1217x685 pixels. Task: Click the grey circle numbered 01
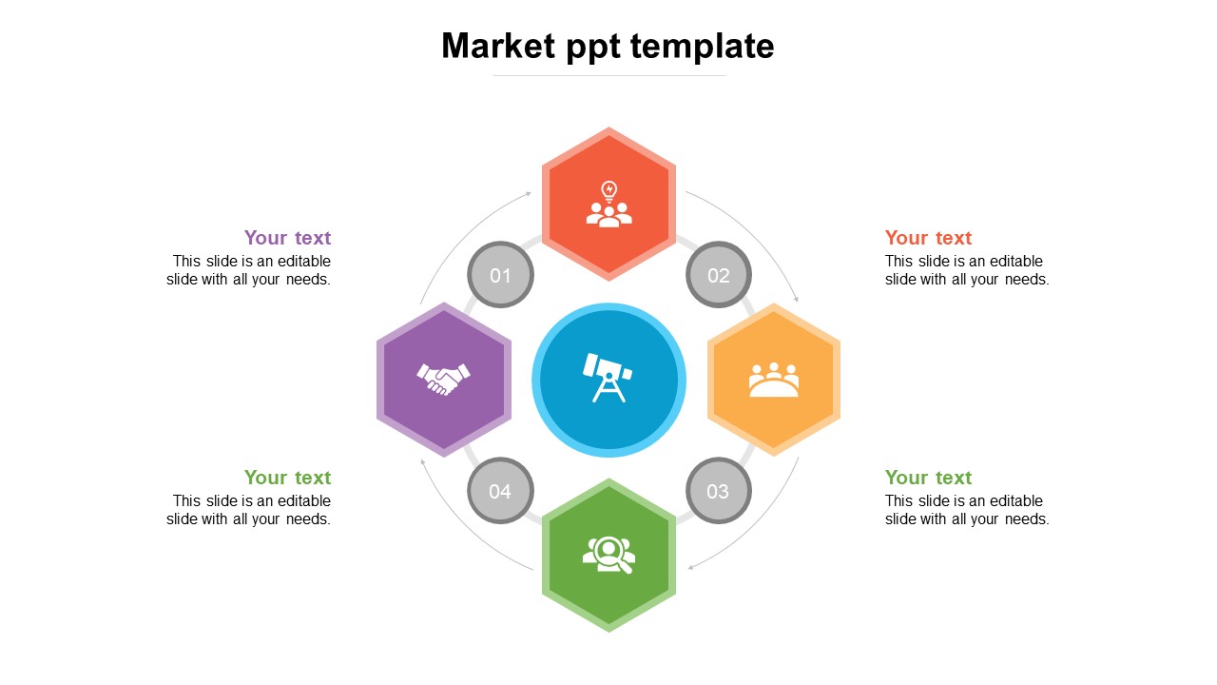500,275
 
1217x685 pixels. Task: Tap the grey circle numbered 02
719,275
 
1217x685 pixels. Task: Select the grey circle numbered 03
719,491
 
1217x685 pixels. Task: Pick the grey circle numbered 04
500,491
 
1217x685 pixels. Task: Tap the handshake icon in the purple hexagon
443,379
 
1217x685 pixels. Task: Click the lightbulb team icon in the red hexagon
608,204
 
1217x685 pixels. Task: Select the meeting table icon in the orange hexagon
774,380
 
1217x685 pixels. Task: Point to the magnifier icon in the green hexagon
608,555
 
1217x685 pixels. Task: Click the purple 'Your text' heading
287,238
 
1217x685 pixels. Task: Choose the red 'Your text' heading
928,238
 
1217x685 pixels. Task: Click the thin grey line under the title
608,75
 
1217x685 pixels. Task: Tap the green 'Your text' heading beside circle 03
928,478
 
